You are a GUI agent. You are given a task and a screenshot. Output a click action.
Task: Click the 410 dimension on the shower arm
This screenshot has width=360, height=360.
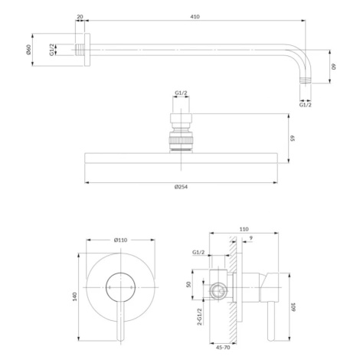click(195, 17)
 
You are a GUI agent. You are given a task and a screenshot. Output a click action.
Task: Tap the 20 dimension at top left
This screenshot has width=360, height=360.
click(80, 17)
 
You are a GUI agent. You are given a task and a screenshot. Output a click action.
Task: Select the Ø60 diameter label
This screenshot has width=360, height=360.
click(28, 50)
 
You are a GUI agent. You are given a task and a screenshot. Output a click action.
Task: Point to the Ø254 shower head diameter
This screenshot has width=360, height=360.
click(181, 187)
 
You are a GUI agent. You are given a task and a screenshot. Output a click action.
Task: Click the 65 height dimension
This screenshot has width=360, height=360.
click(293, 138)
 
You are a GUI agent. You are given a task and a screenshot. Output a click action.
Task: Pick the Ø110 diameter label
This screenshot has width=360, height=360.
click(121, 240)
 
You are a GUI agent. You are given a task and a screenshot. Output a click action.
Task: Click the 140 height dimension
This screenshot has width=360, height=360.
click(74, 296)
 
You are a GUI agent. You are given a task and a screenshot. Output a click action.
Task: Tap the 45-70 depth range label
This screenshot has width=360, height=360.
click(223, 348)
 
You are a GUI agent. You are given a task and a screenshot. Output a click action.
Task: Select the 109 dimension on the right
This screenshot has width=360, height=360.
click(293, 307)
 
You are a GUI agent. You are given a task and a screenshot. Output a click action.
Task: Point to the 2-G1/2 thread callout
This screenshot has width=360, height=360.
click(200, 316)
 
